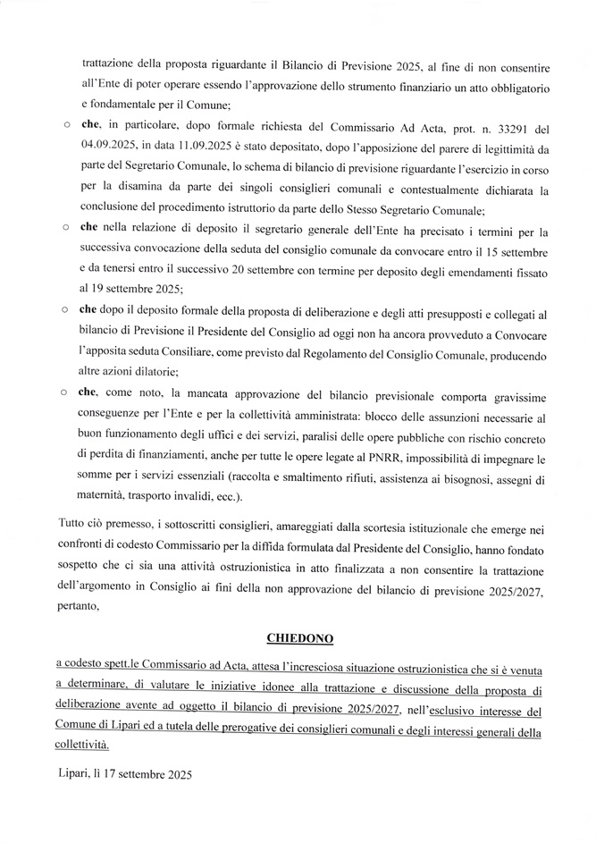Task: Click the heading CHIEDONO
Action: coord(298,637)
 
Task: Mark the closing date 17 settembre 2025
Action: coord(149,774)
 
